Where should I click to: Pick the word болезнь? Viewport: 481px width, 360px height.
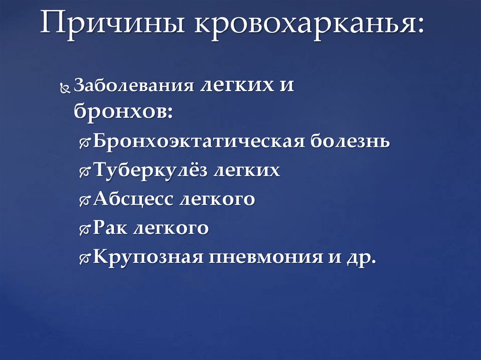click(349, 141)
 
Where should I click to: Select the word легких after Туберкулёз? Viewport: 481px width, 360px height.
click(247, 170)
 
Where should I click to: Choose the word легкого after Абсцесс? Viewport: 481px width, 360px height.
click(217, 199)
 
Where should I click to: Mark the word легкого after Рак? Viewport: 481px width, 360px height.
click(171, 229)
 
